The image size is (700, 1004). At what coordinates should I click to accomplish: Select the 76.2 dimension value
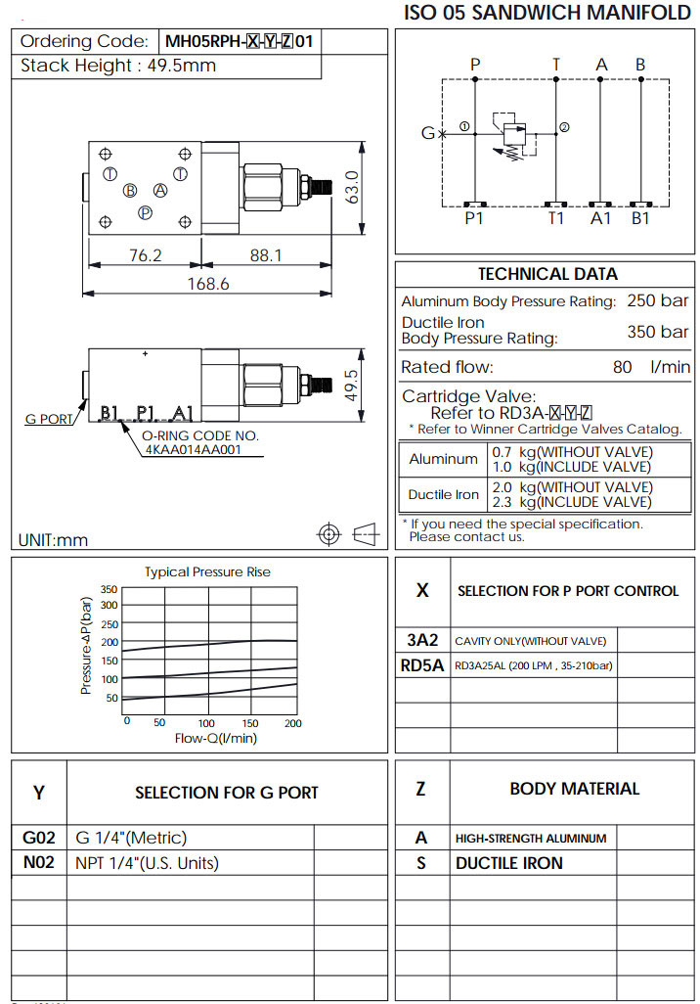[145, 255]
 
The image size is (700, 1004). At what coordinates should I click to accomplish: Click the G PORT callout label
[48, 419]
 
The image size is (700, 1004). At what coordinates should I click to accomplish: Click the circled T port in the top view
[109, 174]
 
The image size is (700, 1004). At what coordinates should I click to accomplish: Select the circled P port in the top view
[145, 212]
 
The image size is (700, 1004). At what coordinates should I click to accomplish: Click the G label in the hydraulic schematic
[427, 133]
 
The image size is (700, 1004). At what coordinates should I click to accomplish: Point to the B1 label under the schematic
[639, 218]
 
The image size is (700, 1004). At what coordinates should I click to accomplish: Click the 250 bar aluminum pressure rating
[657, 301]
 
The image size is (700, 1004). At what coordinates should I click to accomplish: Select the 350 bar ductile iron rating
[657, 332]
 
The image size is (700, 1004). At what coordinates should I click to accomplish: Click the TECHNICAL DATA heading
[547, 274]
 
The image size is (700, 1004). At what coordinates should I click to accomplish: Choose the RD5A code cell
[422, 665]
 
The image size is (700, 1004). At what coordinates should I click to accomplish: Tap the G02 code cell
[39, 838]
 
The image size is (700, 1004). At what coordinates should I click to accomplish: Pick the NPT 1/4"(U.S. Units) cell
[147, 863]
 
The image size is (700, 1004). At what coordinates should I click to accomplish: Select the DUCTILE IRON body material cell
[508, 863]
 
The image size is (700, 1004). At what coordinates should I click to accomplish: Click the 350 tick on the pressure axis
[109, 589]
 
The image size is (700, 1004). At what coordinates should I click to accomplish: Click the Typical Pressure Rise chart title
[207, 571]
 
